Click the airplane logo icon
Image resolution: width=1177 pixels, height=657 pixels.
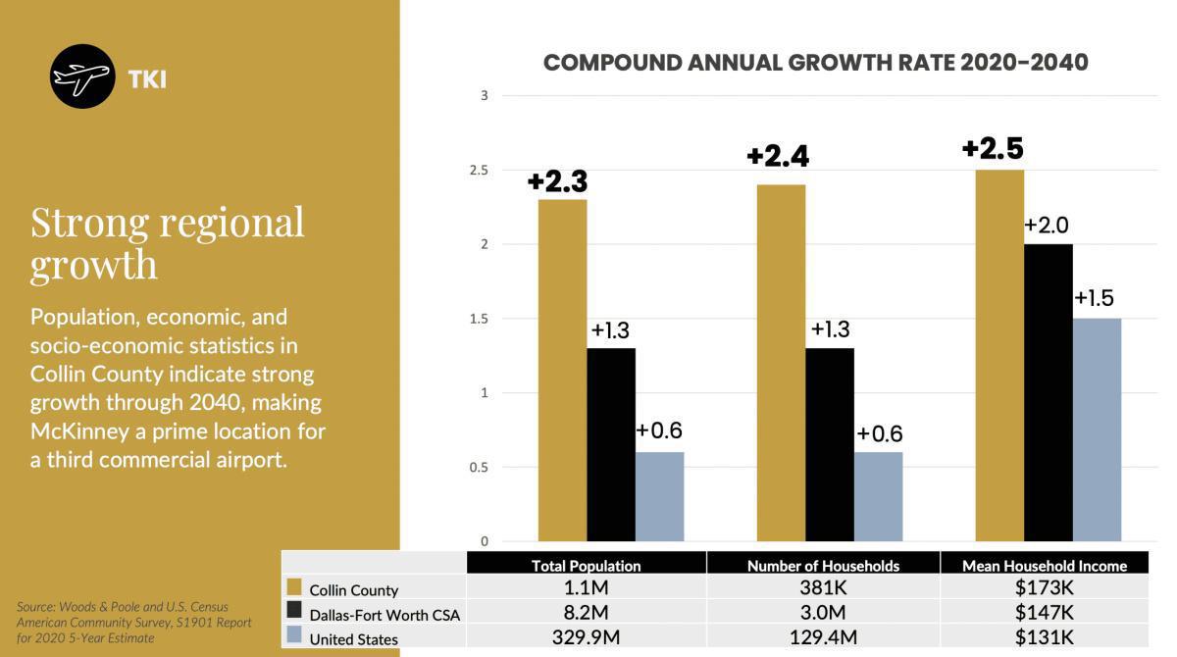[x=82, y=76]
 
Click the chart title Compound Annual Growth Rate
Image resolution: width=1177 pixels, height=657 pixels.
[x=815, y=63]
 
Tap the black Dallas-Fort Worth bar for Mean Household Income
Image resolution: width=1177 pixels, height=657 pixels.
[x=1048, y=392]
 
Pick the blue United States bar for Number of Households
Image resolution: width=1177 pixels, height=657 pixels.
[x=878, y=496]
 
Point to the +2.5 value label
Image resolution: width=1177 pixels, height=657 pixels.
[x=992, y=149]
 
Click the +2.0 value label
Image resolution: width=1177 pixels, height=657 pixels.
[x=1046, y=226]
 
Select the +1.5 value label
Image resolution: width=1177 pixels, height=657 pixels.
[x=1094, y=299]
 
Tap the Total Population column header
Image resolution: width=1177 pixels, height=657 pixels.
[x=586, y=566]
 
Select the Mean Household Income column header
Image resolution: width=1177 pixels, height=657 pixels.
[x=1044, y=566]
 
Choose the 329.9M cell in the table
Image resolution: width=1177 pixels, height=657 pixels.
[x=586, y=638]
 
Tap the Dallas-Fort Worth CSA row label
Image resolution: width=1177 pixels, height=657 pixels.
[x=384, y=615]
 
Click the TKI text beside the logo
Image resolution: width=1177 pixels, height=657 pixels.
[x=146, y=79]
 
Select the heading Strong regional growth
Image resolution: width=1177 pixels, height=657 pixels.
[x=168, y=242]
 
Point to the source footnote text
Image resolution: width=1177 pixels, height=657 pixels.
[x=134, y=623]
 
